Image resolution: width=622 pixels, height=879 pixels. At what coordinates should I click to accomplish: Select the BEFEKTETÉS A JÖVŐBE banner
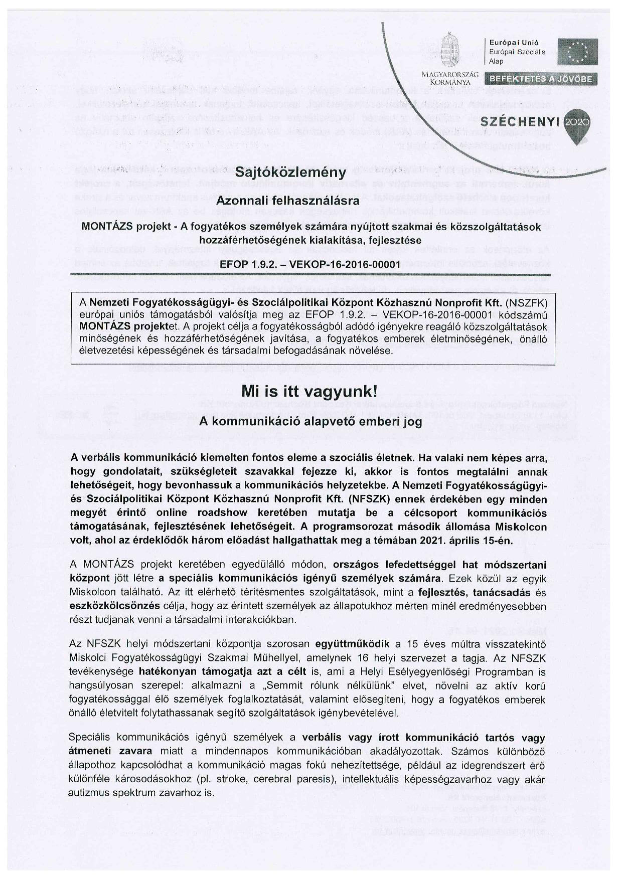(541, 79)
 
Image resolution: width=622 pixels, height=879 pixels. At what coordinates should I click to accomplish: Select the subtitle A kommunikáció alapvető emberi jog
(310, 422)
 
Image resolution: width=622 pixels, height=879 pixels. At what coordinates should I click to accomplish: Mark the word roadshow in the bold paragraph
(224, 513)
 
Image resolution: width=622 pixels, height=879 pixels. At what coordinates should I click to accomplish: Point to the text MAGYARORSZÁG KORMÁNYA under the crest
(449, 77)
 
